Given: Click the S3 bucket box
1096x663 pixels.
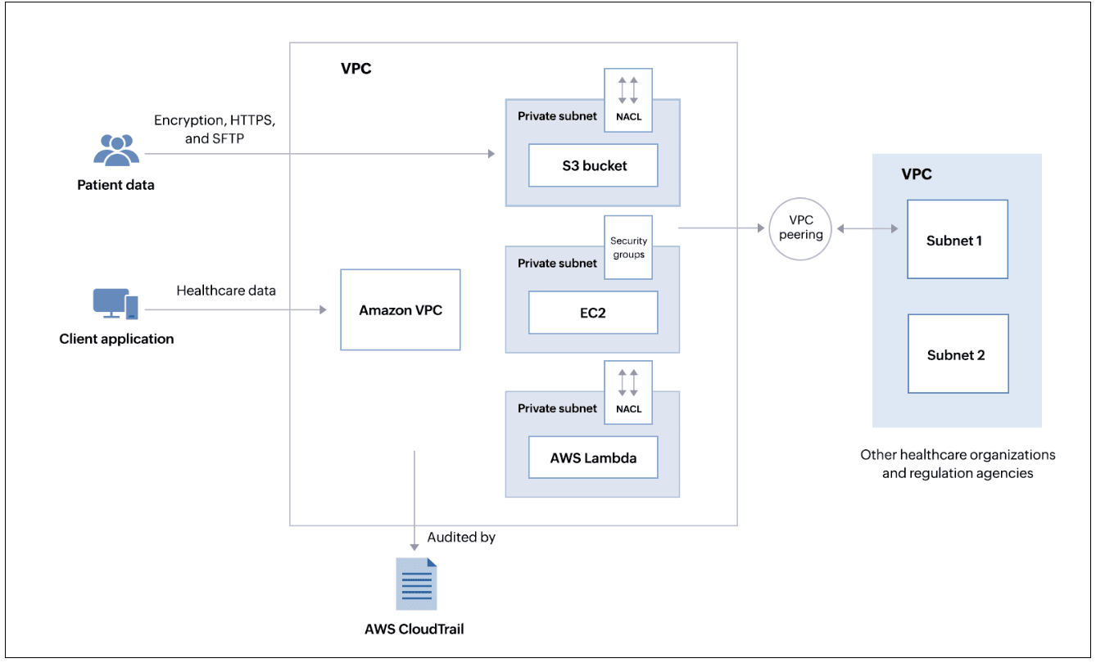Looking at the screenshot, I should point(593,165).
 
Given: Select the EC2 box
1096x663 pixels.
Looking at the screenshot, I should point(593,312).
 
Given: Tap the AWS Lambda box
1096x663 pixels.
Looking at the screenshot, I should point(593,458).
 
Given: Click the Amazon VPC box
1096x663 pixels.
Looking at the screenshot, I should point(400,310).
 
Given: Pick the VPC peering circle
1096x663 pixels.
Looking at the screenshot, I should point(801,228).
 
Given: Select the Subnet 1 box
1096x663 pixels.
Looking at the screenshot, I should point(957,240).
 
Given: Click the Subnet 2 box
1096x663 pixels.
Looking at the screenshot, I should point(957,354).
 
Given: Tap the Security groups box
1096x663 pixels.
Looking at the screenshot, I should point(628,247).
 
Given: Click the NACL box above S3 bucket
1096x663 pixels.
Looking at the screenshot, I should point(628,100).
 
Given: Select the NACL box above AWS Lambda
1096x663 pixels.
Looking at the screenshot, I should point(628,392).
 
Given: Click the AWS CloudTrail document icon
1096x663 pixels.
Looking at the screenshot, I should point(416,584).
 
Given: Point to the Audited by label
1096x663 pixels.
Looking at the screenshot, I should point(461,538).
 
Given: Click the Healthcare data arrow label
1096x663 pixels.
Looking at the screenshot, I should point(226,291).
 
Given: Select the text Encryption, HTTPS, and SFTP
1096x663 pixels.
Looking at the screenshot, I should point(215,129).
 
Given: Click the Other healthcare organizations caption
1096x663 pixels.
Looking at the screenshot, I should point(957,463).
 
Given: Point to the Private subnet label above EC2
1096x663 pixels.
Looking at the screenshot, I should point(557,263).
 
